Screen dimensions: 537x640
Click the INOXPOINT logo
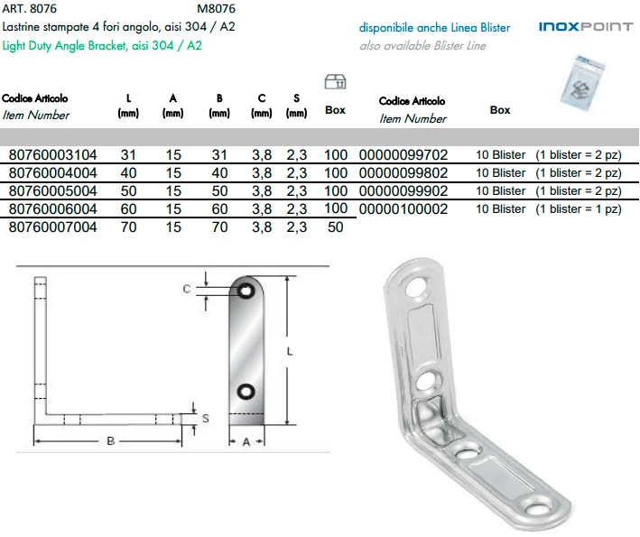pos(586,27)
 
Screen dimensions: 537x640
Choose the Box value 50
pos(336,227)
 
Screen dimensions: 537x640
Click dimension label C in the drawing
pos(187,289)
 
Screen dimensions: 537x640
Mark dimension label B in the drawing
pos(110,441)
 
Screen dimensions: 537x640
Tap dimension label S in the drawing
pos(207,418)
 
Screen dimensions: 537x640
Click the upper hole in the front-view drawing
pos(246,292)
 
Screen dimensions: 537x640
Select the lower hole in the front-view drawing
pos(246,392)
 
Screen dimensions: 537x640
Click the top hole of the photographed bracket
pos(420,288)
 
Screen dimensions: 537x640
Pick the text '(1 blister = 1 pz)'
pos(579,209)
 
